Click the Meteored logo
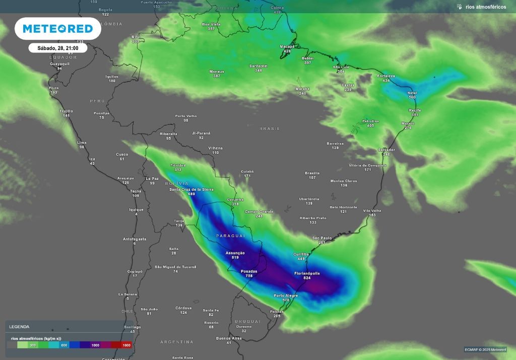(x=57, y=29)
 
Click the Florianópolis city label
(x=307, y=273)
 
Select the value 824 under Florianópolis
(x=307, y=278)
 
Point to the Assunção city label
(x=235, y=253)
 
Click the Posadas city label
(x=249, y=271)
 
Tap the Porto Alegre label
(x=286, y=296)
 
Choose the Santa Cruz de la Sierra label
(x=191, y=189)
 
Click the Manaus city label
(x=217, y=71)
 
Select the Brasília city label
(x=312, y=173)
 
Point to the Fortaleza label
(x=386, y=76)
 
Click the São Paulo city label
(x=321, y=238)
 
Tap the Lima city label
(x=82, y=142)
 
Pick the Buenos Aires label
(x=228, y=338)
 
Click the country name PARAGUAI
(x=230, y=236)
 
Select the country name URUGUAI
(x=247, y=321)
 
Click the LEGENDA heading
(x=19, y=327)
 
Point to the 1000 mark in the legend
(x=95, y=345)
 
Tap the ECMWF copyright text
(x=485, y=349)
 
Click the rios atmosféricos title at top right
(x=485, y=7)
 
